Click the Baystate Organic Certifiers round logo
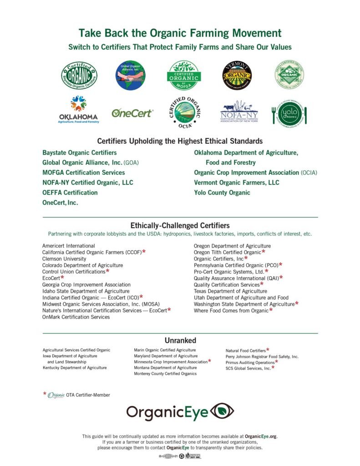[79, 75]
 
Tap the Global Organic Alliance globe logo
[131, 75]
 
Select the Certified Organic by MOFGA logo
[184, 75]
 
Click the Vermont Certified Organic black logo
[237, 75]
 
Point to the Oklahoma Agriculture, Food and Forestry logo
[78, 110]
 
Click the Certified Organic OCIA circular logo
[184, 113]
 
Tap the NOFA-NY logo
[239, 112]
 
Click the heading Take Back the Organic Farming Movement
[180, 33]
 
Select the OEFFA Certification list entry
[70, 192]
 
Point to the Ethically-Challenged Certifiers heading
[180, 225]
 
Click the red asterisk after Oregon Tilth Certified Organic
[264, 252]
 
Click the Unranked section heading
[180, 340]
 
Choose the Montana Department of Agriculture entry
[165, 368]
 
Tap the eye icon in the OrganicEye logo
[223, 411]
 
